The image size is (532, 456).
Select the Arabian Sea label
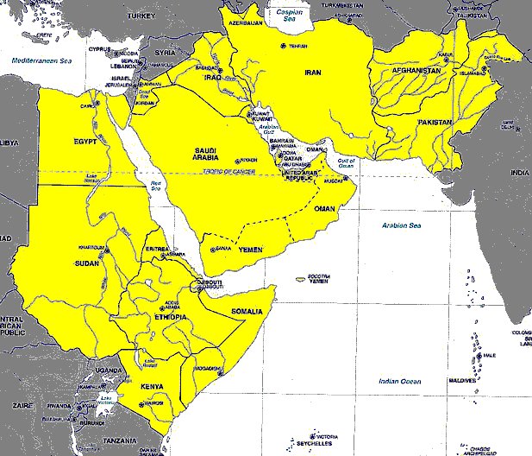pyautogui.click(x=401, y=225)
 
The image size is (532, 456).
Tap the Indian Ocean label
pyautogui.click(x=400, y=381)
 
